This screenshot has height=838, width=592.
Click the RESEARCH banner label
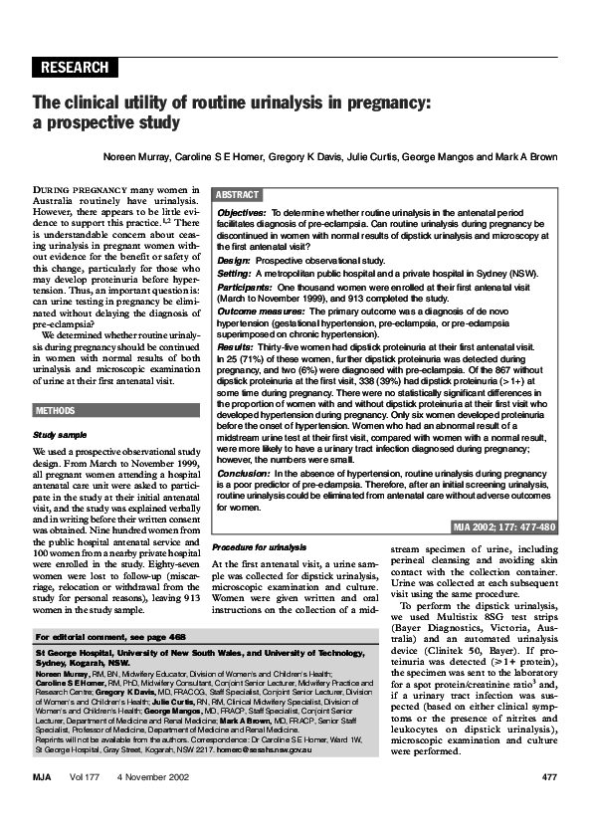pyautogui.click(x=76, y=68)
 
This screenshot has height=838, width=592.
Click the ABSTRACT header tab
pyautogui.click(x=237, y=195)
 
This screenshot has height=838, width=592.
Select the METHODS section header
pyautogui.click(x=56, y=410)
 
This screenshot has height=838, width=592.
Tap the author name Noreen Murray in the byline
pyautogui.click(x=135, y=157)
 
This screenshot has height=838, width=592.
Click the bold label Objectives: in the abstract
pyautogui.click(x=241, y=213)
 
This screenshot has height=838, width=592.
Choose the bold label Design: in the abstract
pyautogui.click(x=234, y=259)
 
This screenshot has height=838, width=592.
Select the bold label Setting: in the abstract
pyautogui.click(x=235, y=273)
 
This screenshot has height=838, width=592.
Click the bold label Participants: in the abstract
pyautogui.click(x=246, y=287)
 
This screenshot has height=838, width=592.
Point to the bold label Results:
pyautogui.click(x=236, y=347)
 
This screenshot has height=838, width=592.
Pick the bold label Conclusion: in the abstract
pyautogui.click(x=244, y=474)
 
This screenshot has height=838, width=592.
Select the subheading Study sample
pyautogui.click(x=62, y=435)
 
